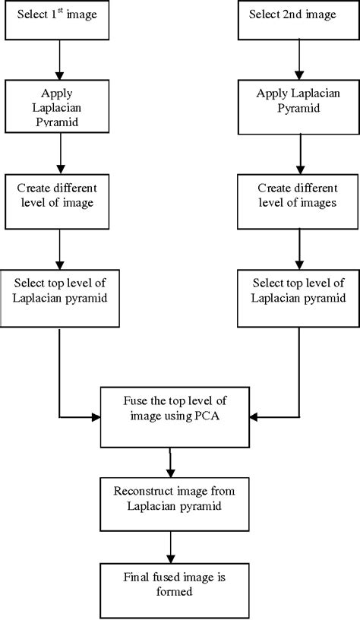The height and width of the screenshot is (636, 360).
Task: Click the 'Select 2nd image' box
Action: (x=299, y=20)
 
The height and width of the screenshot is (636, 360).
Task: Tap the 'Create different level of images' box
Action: (x=299, y=202)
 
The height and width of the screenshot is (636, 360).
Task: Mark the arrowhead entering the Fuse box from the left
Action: (x=97, y=416)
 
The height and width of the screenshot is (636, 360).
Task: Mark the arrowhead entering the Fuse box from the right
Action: (x=254, y=416)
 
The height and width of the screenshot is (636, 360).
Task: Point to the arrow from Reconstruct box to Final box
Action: (x=169, y=546)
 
